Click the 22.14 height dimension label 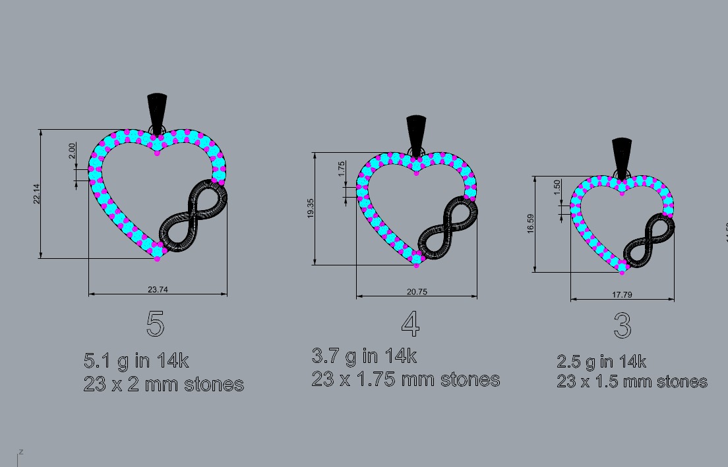(38, 193)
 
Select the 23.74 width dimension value (158, 288)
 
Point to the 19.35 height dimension (310, 208)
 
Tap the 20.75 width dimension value (417, 292)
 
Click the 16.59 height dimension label (531, 223)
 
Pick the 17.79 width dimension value (622, 294)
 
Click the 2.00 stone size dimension (72, 150)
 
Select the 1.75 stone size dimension (341, 169)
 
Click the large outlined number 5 (155, 324)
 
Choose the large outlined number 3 (622, 325)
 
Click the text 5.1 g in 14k (136, 361)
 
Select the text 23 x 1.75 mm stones (406, 379)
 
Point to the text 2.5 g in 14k (601, 362)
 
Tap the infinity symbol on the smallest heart (650, 240)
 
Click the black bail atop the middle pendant (417, 133)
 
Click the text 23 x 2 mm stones (164, 384)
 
